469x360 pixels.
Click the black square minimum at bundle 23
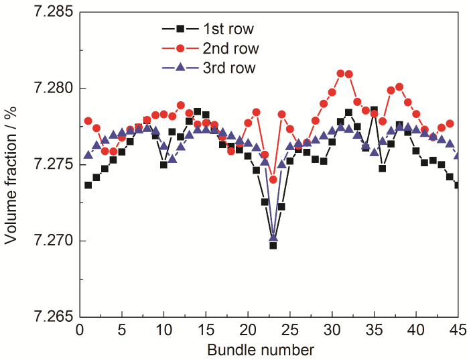[x=273, y=245]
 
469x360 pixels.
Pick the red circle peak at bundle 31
[x=340, y=73]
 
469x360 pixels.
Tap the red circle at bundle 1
[x=88, y=121]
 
